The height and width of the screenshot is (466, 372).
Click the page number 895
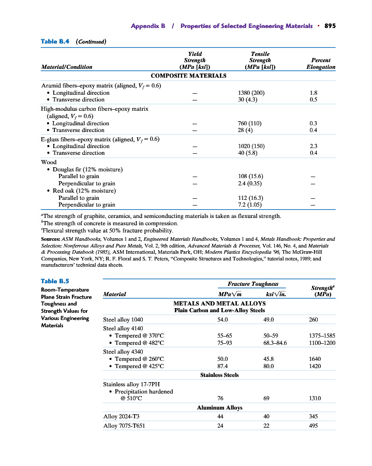tap(330, 26)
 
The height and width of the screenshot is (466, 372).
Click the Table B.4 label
tap(55, 41)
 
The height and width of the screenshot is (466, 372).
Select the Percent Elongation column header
tap(320, 63)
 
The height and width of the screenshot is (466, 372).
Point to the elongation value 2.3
tap(313, 146)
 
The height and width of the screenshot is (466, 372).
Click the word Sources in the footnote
tap(51, 239)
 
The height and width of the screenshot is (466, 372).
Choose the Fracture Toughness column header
tap(252, 284)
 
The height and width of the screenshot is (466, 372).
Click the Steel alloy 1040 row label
tap(126, 320)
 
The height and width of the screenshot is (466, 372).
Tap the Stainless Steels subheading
tap(219, 375)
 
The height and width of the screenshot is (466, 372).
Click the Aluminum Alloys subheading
tap(219, 407)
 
